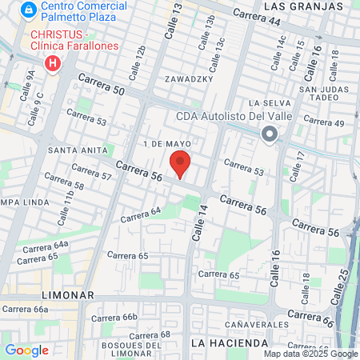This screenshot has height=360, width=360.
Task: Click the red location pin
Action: [180, 163]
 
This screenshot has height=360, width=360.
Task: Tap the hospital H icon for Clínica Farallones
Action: [54, 62]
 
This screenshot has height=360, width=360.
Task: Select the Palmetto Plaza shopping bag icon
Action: [28, 10]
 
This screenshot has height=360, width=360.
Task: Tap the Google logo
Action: [26, 350]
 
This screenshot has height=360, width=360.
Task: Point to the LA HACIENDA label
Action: [230, 342]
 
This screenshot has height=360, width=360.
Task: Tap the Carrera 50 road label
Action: [102, 85]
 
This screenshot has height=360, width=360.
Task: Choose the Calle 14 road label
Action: [198, 222]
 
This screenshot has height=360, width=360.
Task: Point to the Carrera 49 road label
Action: [323, 122]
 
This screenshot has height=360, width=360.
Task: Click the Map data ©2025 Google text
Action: [311, 354]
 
